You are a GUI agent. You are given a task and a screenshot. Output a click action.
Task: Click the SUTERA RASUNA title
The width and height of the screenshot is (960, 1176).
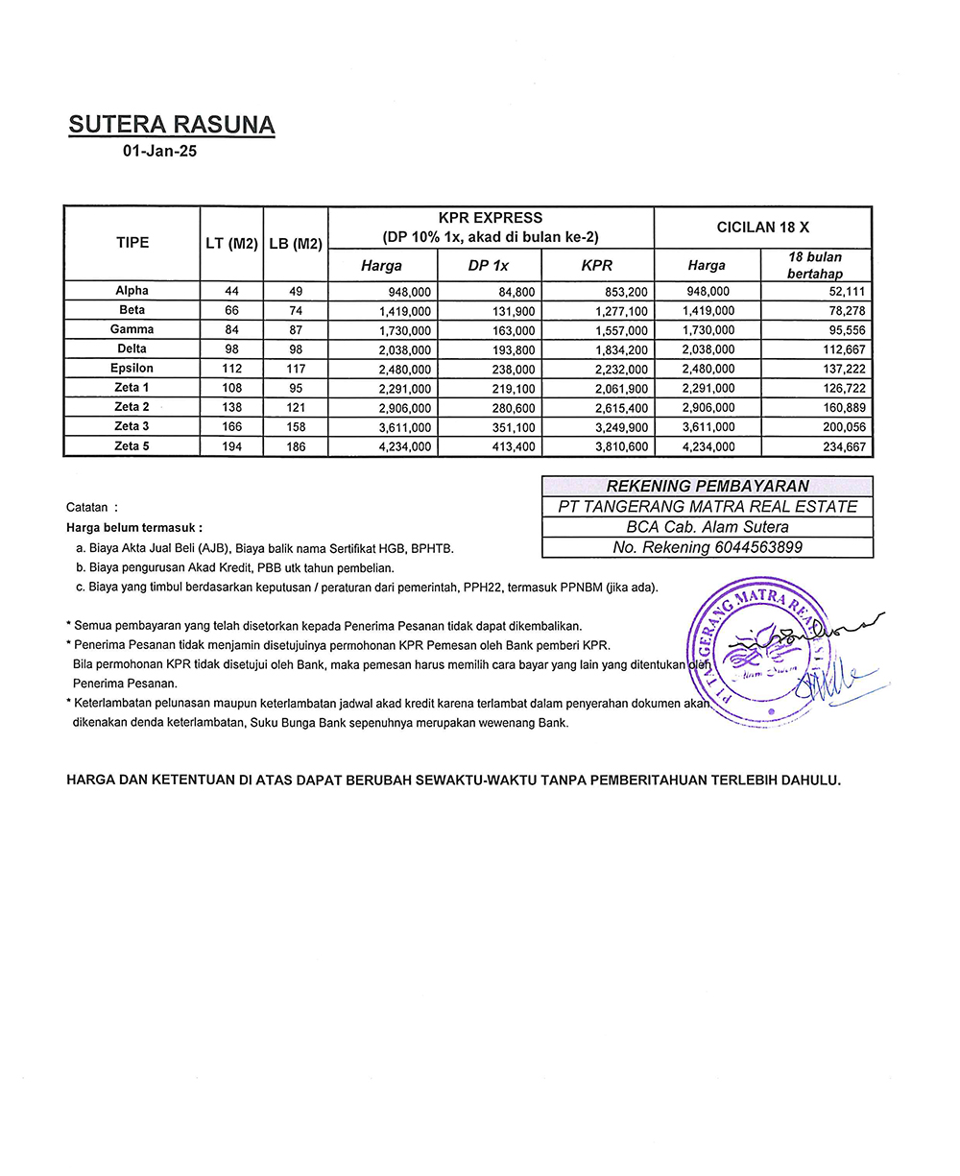coord(172,125)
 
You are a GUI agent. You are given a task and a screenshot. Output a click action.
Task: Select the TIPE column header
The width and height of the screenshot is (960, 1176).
coord(132,243)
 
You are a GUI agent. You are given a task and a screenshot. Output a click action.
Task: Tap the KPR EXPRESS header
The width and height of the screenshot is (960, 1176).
coord(491,219)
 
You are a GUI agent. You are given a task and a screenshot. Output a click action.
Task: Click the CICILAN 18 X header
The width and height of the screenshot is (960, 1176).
coord(763,228)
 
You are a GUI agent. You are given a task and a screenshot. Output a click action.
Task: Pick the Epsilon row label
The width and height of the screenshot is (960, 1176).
coord(132,369)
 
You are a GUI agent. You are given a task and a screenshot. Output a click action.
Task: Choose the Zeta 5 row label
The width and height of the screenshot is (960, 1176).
coord(132,446)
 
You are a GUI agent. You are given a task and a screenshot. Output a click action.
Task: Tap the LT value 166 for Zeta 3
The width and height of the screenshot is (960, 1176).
coord(230,427)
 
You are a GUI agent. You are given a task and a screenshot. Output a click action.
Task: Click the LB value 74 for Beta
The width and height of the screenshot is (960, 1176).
coord(296,311)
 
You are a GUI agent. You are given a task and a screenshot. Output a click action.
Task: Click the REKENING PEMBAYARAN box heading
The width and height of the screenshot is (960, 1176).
coord(708,487)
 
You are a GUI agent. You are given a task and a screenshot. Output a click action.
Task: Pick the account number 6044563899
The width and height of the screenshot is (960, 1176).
coord(758,548)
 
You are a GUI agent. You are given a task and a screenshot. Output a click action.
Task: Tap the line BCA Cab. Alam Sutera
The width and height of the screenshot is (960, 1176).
coord(708,527)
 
